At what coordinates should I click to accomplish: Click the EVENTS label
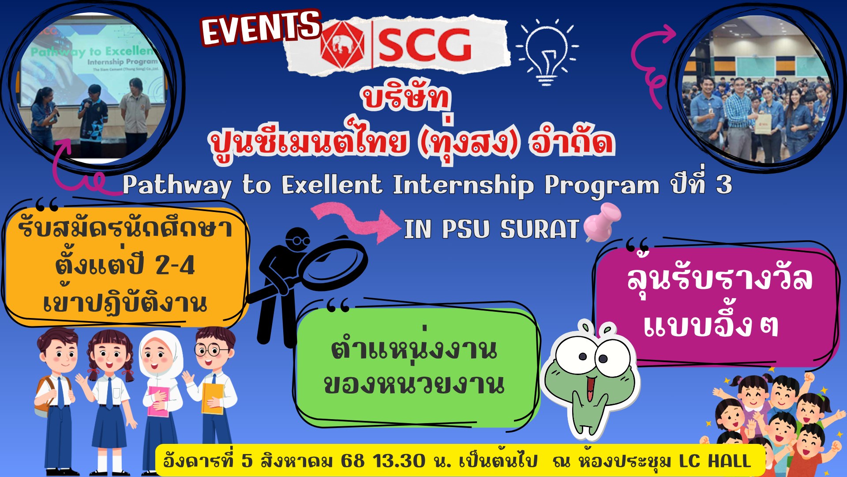[261, 27]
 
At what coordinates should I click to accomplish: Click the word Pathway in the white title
[176, 185]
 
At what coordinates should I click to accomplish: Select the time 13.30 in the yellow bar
[399, 461]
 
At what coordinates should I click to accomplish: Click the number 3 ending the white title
[724, 185]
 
